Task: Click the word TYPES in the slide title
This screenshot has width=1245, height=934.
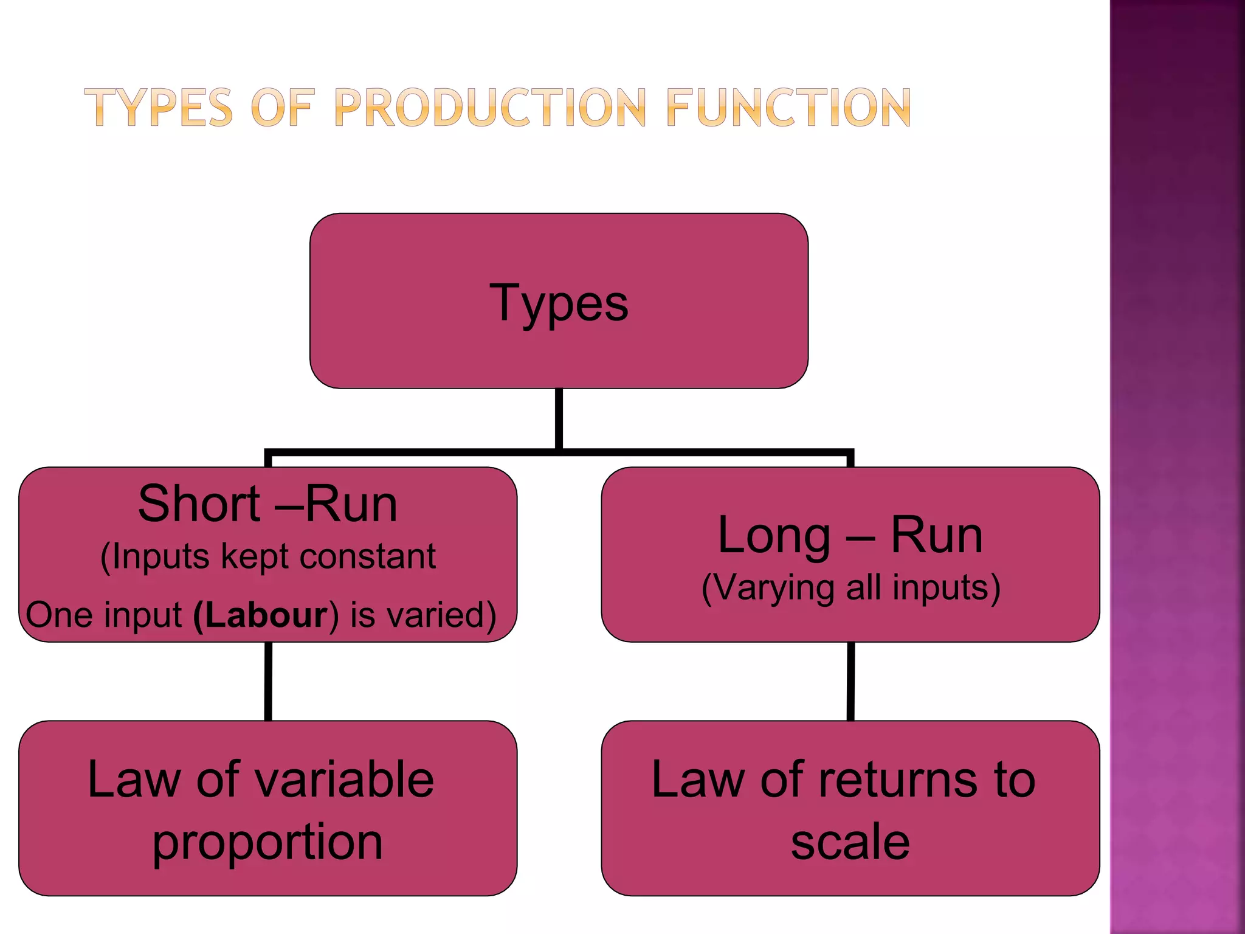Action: (158, 108)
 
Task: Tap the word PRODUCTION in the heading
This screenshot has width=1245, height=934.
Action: (490, 108)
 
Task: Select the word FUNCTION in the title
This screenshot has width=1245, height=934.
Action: (788, 108)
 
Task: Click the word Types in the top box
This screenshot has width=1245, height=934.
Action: (559, 303)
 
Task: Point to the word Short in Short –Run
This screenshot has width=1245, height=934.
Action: (199, 504)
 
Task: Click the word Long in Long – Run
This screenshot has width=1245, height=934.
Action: (773, 536)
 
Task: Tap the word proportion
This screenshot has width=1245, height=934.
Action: (267, 843)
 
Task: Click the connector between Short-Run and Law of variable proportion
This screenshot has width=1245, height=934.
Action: (268, 681)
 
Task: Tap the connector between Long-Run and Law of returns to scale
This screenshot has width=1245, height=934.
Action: (850, 681)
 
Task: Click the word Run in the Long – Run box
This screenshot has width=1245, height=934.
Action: (936, 536)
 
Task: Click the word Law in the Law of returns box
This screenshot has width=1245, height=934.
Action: (698, 780)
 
